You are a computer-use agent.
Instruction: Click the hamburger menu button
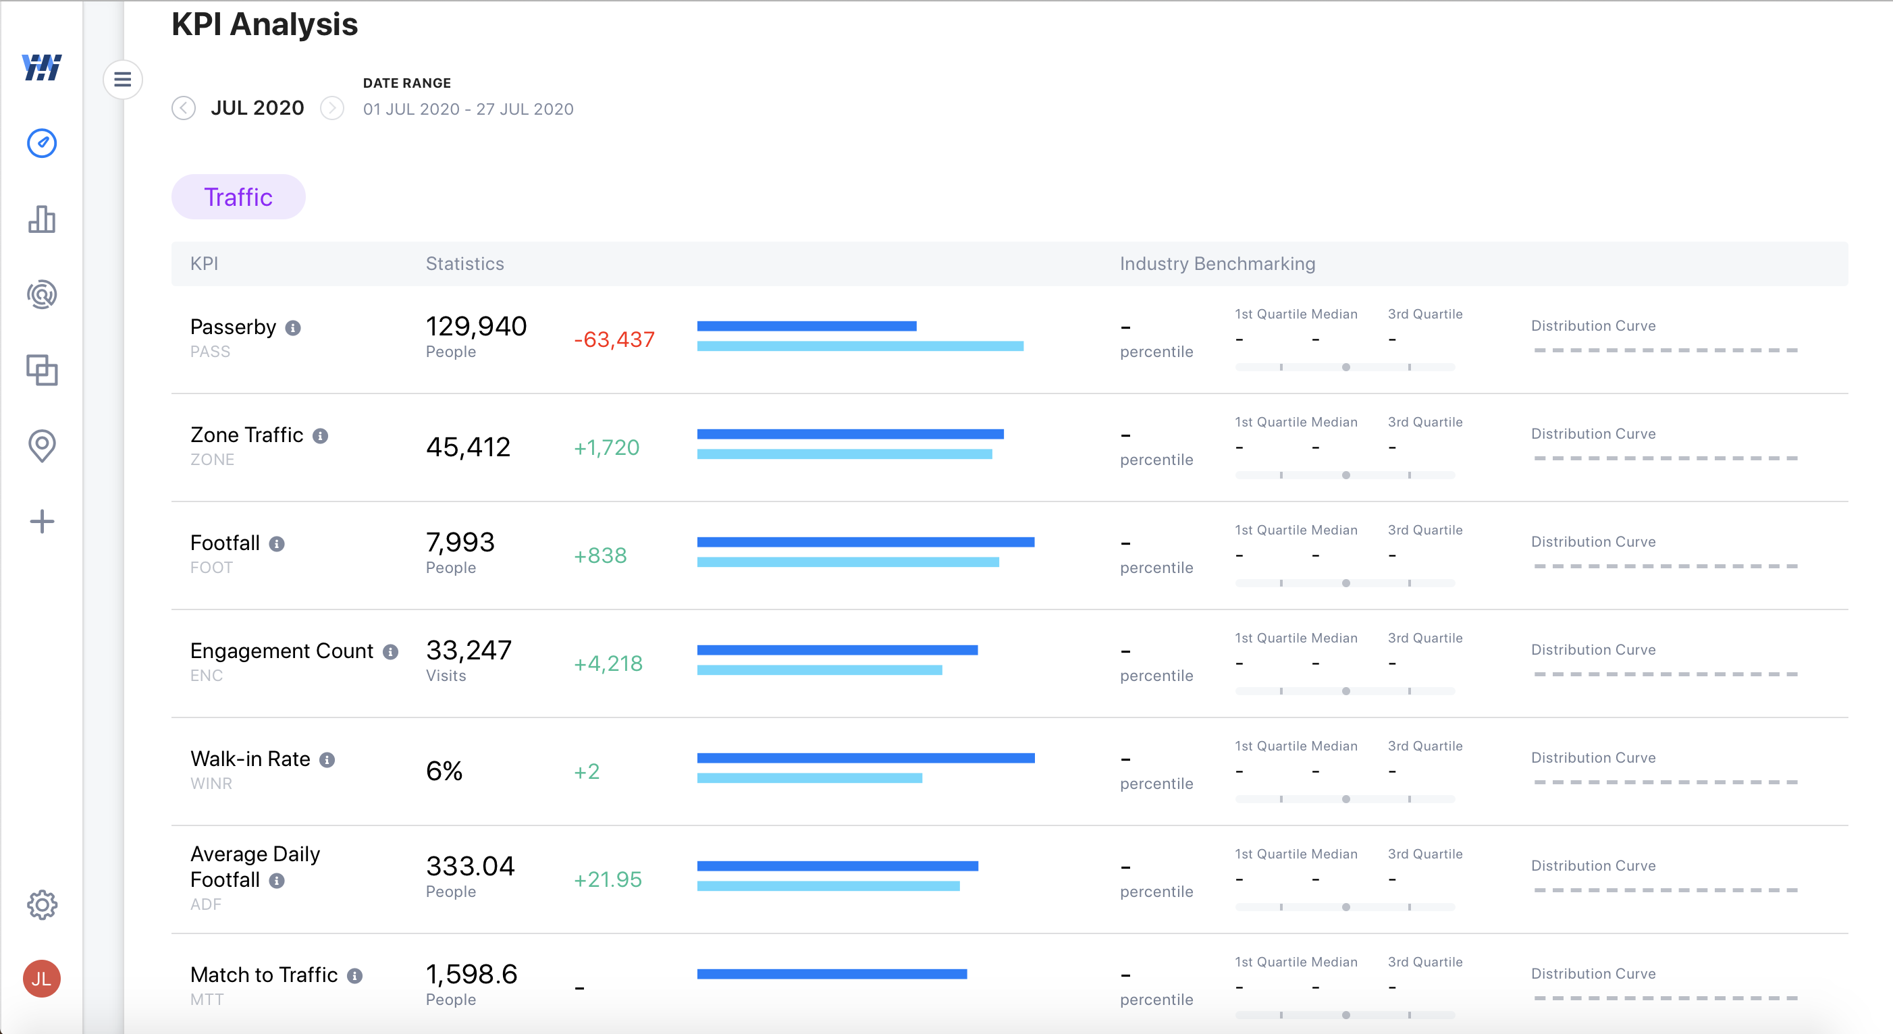123,80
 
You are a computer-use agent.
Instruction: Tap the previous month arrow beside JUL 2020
184,108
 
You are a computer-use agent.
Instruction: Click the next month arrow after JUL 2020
332,108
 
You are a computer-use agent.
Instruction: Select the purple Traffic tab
238,197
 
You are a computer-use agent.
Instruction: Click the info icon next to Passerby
293,328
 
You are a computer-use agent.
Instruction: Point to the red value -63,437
614,339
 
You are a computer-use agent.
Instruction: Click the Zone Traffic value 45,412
468,447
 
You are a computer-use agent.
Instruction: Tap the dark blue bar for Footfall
865,543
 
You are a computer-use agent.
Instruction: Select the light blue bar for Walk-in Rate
808,778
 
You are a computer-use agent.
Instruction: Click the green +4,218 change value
608,663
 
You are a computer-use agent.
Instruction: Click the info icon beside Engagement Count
391,652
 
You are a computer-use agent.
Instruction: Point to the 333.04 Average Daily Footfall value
471,866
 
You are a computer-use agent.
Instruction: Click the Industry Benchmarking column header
1217,264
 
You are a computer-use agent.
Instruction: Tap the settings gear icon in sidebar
42,904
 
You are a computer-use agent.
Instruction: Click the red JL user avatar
42,978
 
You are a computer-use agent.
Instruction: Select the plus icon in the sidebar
42,522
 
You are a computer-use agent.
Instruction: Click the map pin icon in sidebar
42,445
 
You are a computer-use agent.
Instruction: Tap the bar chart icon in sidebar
42,219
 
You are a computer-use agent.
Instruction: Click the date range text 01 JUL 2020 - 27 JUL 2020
468,109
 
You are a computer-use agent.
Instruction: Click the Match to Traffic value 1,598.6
472,974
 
